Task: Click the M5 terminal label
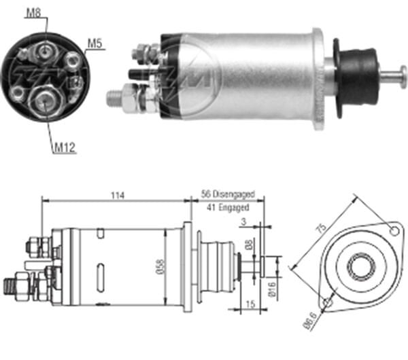point(95,45)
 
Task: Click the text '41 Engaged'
point(226,207)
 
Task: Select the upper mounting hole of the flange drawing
point(392,231)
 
